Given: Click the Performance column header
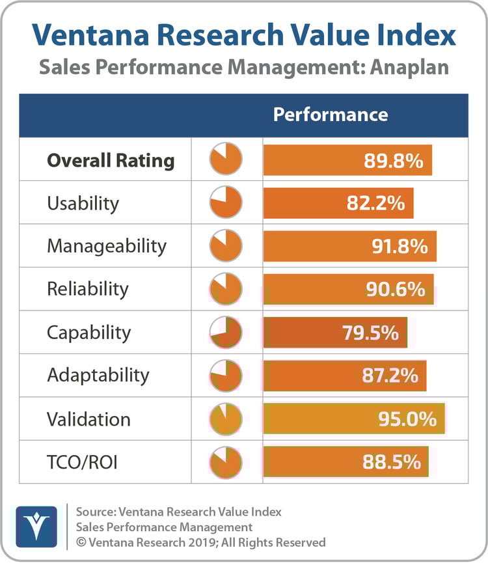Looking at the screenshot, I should pyautogui.click(x=330, y=115).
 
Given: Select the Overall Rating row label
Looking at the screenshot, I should pyautogui.click(x=111, y=160).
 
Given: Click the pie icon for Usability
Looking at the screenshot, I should pyautogui.click(x=226, y=202).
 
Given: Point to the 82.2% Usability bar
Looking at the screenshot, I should pyautogui.click(x=338, y=203).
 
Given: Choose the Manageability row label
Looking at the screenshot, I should pyautogui.click(x=107, y=246).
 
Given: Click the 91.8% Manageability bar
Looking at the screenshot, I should pyautogui.click(x=349, y=246).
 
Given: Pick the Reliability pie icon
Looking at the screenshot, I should pyautogui.click(x=226, y=289).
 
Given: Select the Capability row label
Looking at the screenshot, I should pyautogui.click(x=88, y=333).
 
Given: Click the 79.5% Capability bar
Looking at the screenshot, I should pyautogui.click(x=335, y=333).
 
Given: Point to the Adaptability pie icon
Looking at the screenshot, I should pyautogui.click(x=226, y=376).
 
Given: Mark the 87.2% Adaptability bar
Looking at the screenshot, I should pyautogui.click(x=345, y=376).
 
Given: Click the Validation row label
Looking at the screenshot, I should pyautogui.click(x=88, y=419).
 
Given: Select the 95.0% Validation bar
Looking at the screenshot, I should pyautogui.click(x=354, y=419).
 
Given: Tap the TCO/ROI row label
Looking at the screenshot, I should pyautogui.click(x=82, y=462).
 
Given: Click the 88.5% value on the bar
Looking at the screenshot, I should pyautogui.click(x=391, y=462).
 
